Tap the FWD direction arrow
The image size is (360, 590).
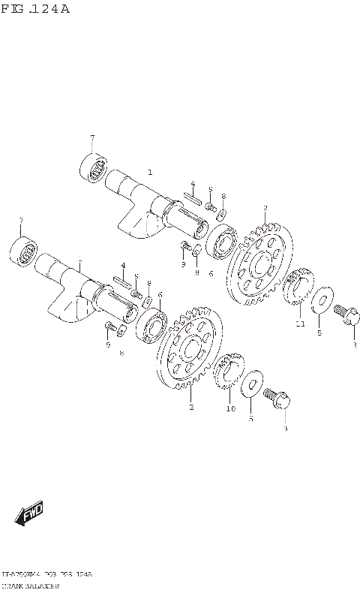[28, 515]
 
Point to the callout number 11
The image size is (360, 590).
[299, 324]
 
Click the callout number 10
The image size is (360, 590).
[230, 409]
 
